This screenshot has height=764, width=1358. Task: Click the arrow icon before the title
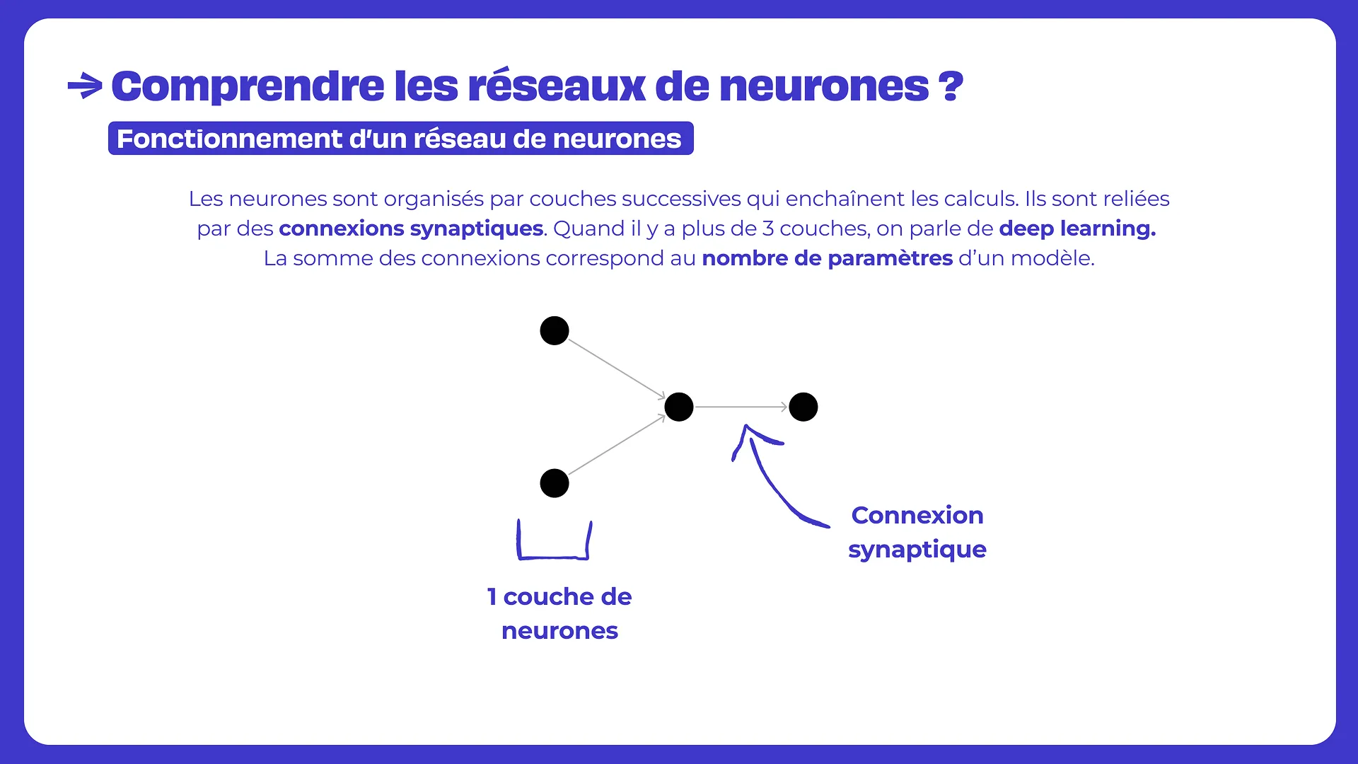pos(85,86)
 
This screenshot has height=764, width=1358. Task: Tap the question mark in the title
pos(951,86)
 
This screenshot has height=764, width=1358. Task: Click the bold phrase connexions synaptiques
pos(411,228)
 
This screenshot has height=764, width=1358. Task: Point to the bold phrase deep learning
pos(1077,228)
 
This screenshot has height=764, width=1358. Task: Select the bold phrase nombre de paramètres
pos(827,258)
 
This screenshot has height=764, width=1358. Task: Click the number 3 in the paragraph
pos(767,228)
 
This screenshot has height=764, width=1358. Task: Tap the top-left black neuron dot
pos(555,330)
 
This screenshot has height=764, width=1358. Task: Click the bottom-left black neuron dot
pos(555,483)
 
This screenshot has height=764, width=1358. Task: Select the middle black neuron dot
pos(679,407)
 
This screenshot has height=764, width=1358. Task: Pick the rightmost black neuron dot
pos(803,407)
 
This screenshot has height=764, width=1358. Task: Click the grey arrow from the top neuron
pos(616,369)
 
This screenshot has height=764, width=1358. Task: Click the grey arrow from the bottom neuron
pos(616,445)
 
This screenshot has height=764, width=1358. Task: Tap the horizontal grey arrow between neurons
pos(741,407)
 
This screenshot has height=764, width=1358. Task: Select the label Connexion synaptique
pos(917,532)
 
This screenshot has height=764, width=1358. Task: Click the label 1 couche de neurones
pos(559,613)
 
